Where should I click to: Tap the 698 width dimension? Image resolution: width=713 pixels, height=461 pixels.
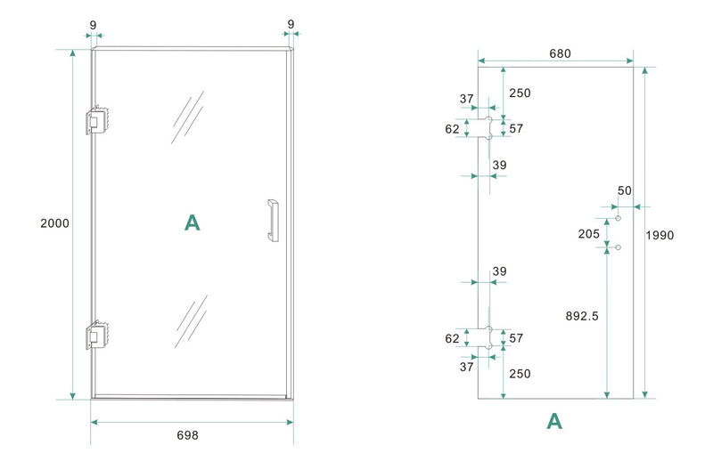187,435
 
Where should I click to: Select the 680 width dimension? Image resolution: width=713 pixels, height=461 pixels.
559,53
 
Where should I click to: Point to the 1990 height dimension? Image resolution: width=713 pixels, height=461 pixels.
660,235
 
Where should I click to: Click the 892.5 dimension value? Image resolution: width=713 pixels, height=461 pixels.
583,315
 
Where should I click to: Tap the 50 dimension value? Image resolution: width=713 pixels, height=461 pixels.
624,190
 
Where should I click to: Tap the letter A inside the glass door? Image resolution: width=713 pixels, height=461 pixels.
192,222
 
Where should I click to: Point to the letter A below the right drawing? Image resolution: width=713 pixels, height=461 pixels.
554,421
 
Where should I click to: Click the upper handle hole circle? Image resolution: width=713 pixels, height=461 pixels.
618,218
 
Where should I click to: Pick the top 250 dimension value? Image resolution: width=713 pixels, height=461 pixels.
520,93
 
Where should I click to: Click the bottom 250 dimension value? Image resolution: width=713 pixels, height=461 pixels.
520,373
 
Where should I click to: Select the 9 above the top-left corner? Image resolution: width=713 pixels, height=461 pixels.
94,24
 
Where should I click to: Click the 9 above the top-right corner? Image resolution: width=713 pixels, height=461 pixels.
291,24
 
